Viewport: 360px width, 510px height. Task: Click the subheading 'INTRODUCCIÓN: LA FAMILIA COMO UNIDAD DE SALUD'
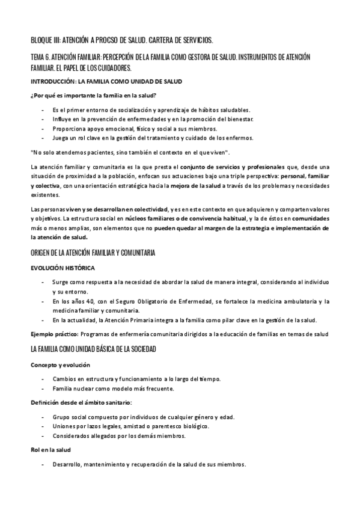coord(106,81)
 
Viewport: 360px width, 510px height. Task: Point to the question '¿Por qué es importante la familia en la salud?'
coord(94,96)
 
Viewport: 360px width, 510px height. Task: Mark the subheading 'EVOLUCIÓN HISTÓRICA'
coord(62,266)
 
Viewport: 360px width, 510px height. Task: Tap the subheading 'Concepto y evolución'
coord(59,364)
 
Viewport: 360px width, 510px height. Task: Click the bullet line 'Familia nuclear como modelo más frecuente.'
coord(113,389)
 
